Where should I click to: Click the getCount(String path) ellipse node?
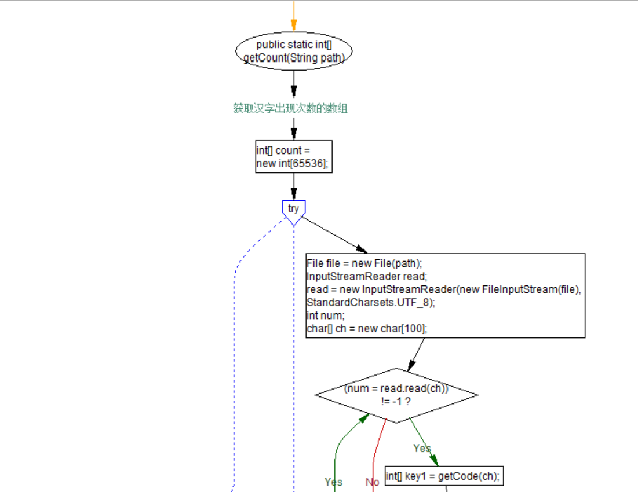[294, 52]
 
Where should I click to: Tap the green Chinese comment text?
[290, 108]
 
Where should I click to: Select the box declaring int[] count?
[294, 157]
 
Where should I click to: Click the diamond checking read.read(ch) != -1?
[396, 395]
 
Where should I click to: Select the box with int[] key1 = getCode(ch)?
[443, 476]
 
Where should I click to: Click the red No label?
[372, 482]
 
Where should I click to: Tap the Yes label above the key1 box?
[422, 448]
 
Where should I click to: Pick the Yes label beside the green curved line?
[334, 482]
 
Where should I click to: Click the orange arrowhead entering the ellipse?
[294, 25]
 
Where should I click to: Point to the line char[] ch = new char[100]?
[367, 328]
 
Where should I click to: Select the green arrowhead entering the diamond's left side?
[364, 418]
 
